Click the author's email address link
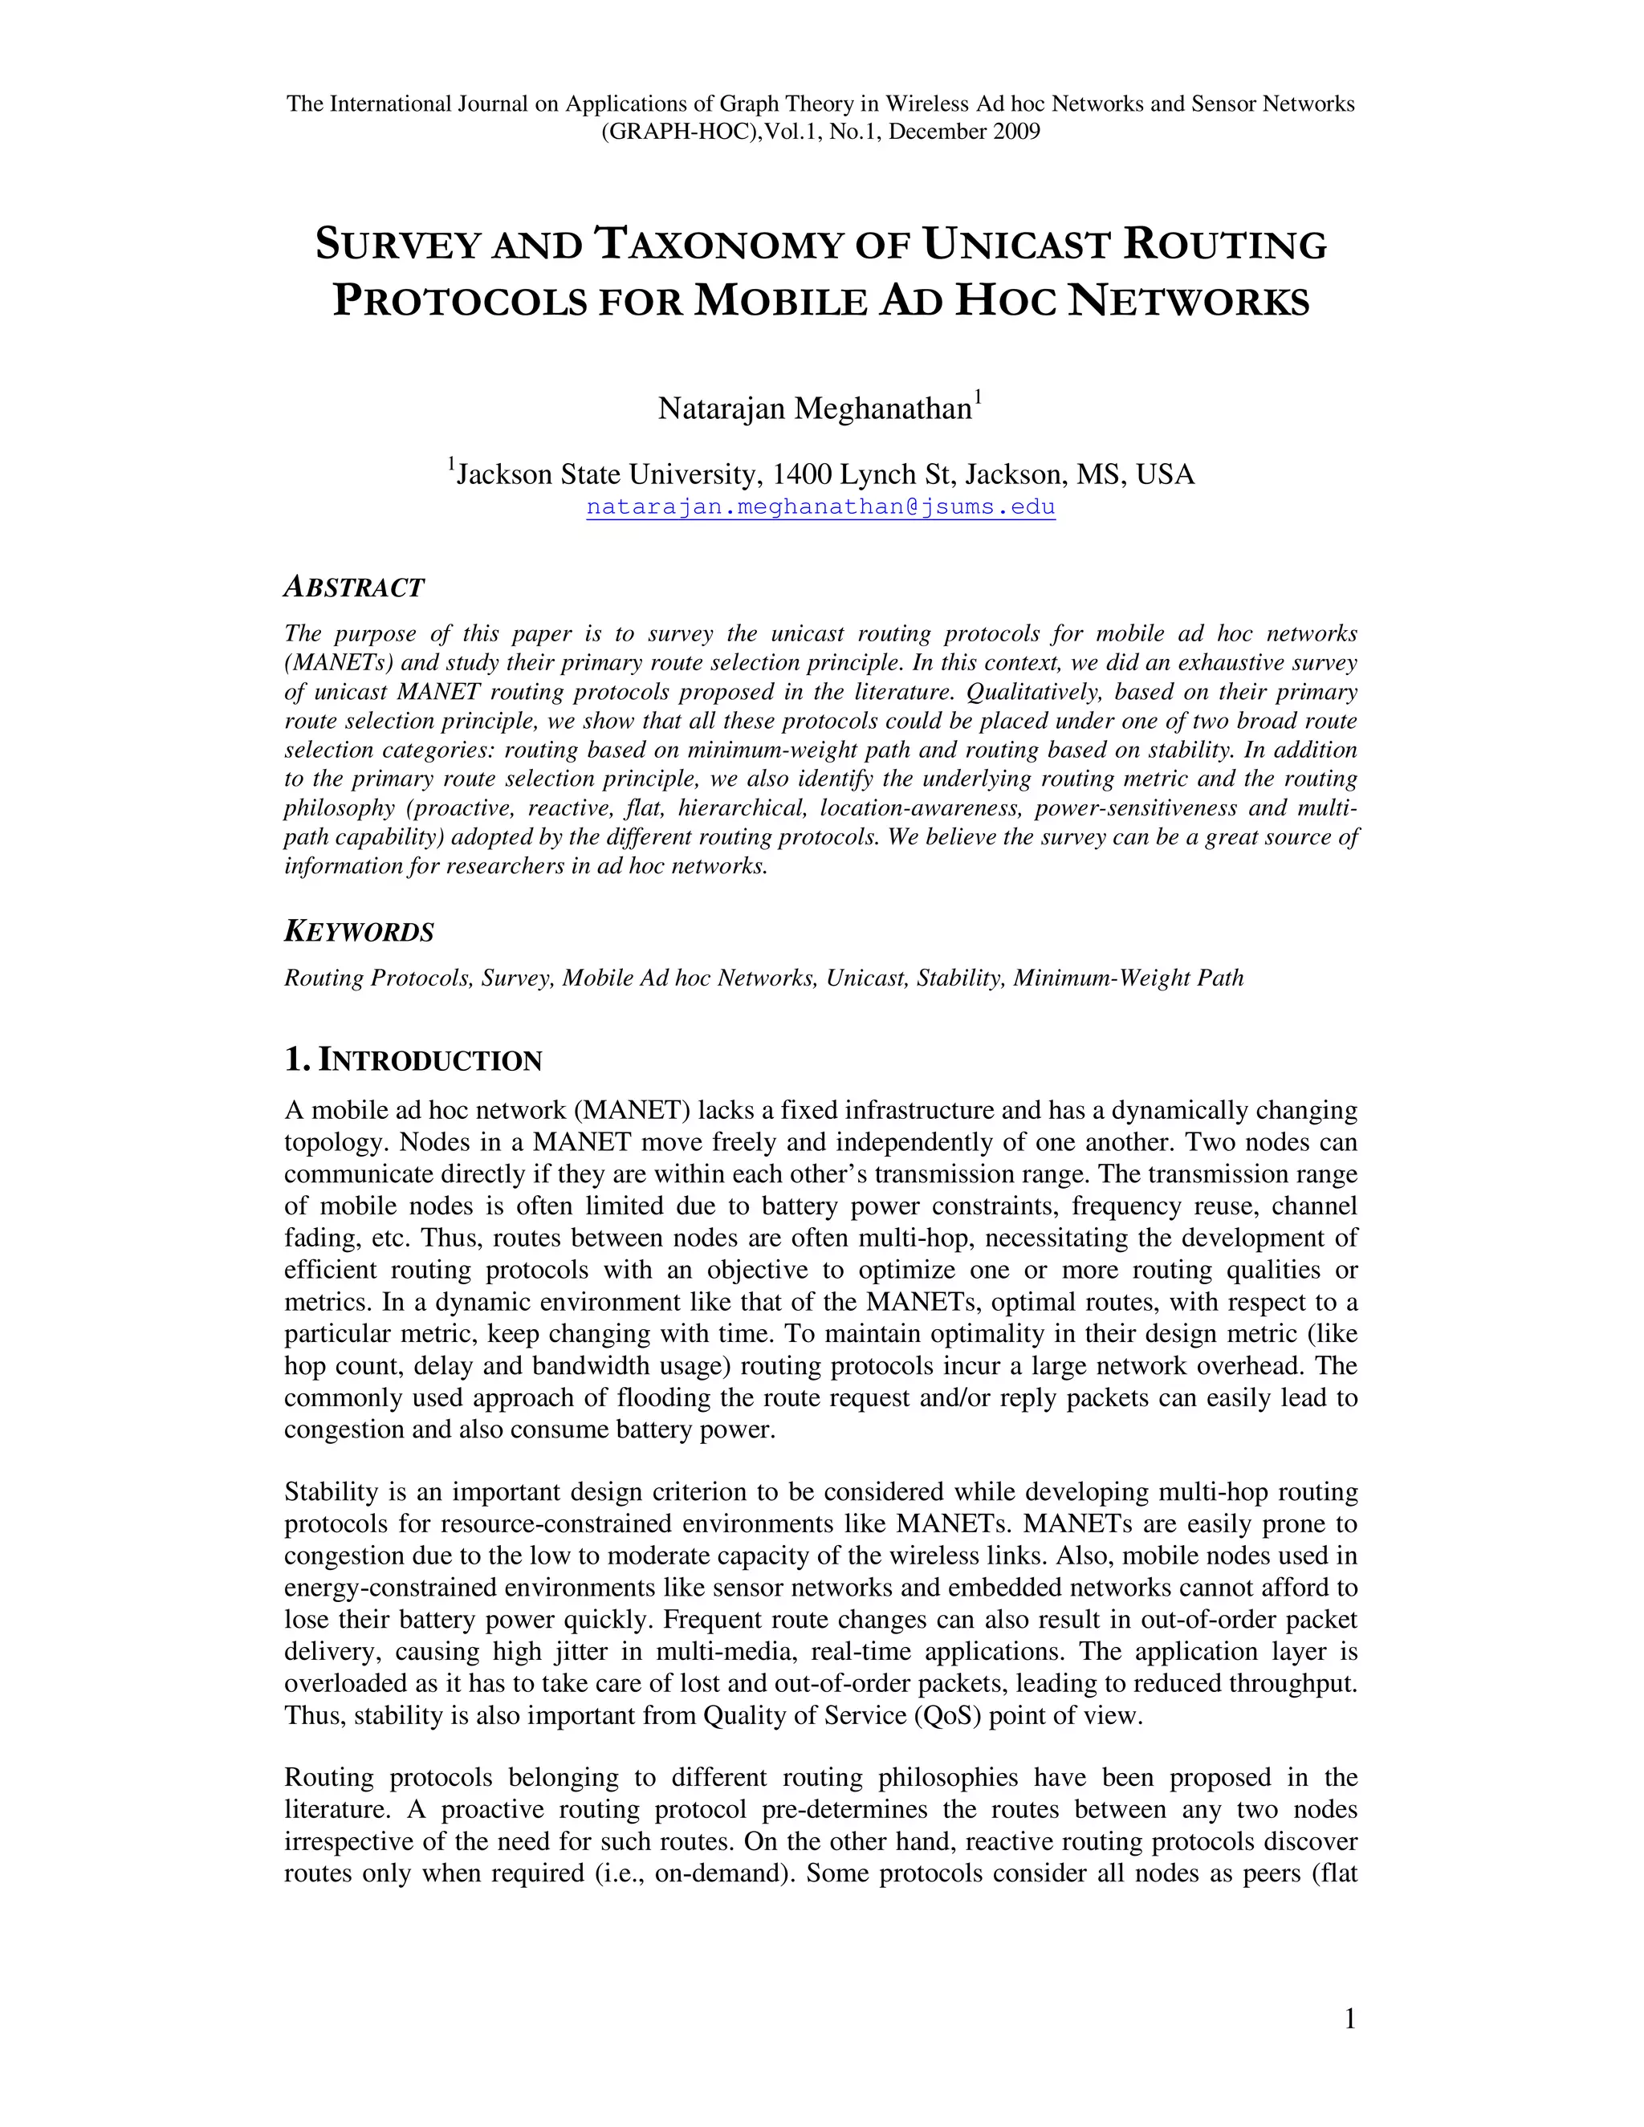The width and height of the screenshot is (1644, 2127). coord(820,507)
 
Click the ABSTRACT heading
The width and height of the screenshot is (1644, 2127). coord(353,588)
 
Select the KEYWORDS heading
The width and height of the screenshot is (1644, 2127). coord(358,932)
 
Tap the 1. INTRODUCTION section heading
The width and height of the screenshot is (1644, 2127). coord(412,1060)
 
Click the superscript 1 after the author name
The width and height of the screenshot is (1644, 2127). coord(978,397)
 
